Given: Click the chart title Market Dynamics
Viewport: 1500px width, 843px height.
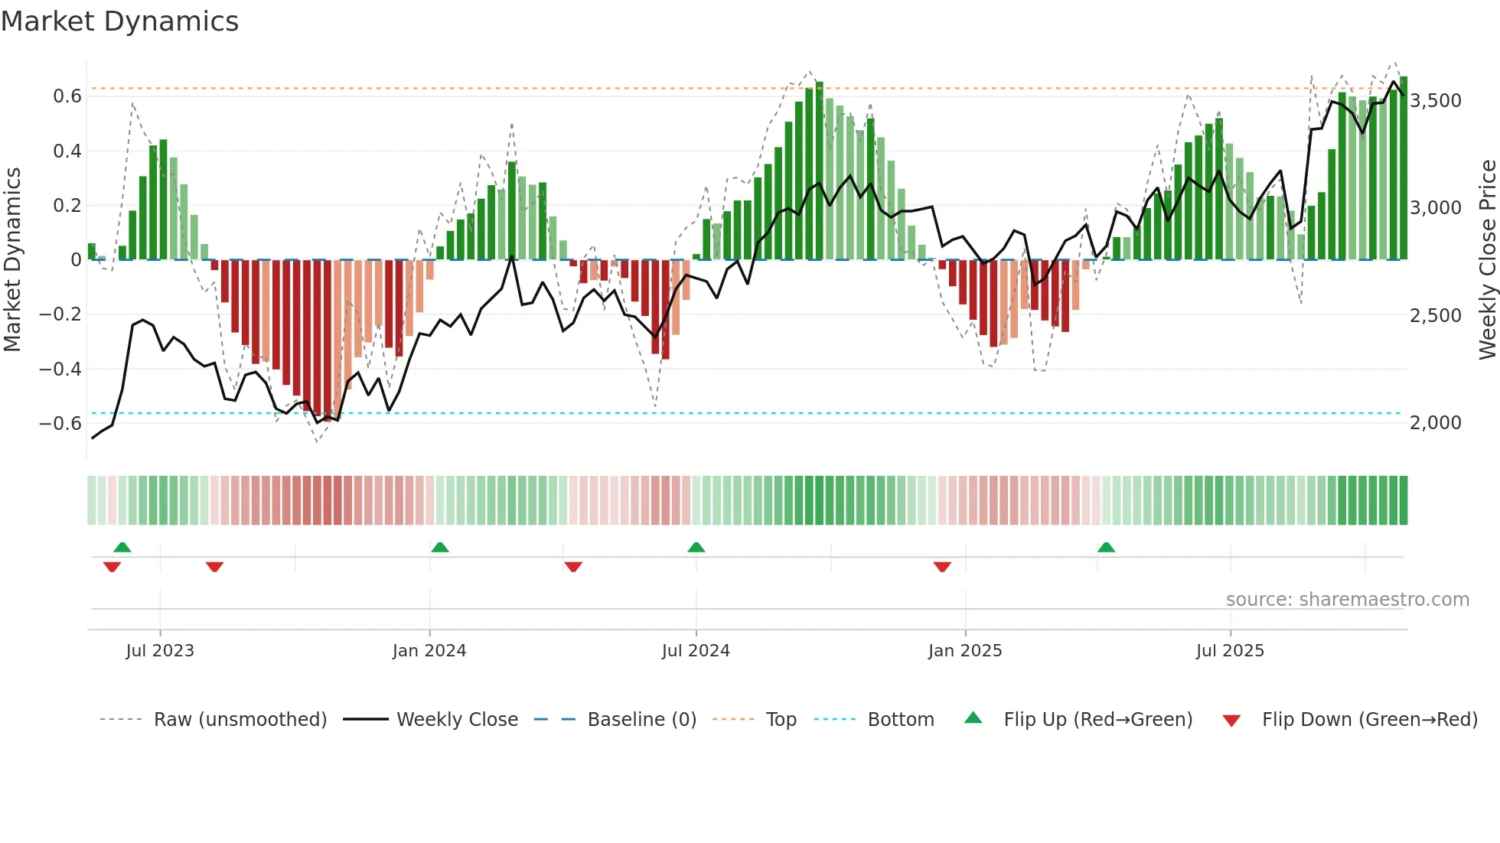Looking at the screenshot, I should tap(119, 21).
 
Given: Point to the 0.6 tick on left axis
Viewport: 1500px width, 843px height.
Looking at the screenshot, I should tap(67, 96).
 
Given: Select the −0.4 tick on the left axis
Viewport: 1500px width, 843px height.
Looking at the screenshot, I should tap(60, 369).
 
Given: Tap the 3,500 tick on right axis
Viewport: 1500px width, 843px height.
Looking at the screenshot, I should tap(1436, 101).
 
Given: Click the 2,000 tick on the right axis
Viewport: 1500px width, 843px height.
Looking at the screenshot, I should tap(1436, 422).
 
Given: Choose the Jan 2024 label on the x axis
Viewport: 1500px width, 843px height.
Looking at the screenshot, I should tap(429, 650).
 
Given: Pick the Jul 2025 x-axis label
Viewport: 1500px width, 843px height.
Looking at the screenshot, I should tap(1230, 650).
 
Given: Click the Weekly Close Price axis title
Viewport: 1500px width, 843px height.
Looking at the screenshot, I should tap(1487, 259).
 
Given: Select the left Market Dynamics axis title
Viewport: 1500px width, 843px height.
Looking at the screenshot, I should tap(12, 259).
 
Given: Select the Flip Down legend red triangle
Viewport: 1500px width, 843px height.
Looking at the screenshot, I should tap(1231, 721).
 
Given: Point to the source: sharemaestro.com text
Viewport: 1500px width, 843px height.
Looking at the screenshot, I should tap(1347, 599).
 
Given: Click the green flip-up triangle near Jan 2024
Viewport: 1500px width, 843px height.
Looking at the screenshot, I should tap(440, 548).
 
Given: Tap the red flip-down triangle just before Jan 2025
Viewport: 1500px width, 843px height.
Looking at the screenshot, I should tap(942, 567).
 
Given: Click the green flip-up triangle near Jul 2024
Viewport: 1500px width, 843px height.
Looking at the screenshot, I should tap(696, 548).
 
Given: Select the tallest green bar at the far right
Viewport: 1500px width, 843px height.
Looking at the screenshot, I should tap(1404, 168).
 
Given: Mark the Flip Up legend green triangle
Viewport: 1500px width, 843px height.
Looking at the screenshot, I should tap(973, 718).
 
